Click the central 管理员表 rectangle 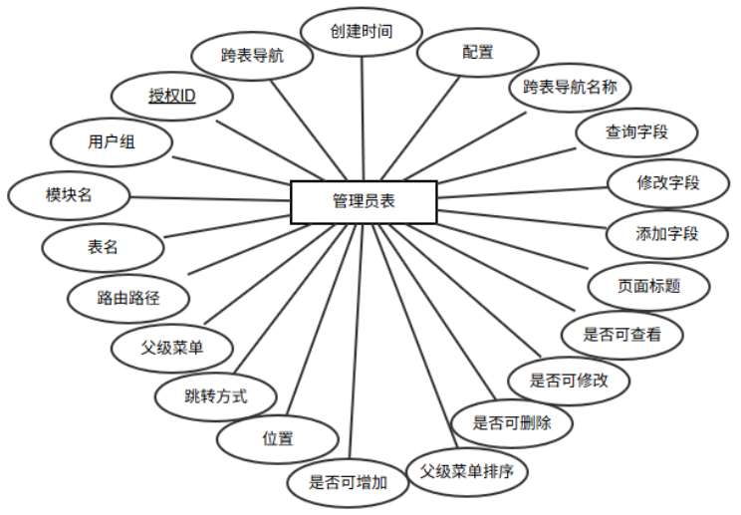(363, 202)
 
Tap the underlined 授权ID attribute (171, 97)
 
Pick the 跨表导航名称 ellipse (571, 88)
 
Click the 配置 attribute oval (477, 53)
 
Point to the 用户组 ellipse (110, 143)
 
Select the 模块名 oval (69, 194)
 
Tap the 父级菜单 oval (172, 349)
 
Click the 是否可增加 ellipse (348, 483)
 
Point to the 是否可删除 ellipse (512, 422)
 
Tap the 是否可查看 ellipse (624, 336)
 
